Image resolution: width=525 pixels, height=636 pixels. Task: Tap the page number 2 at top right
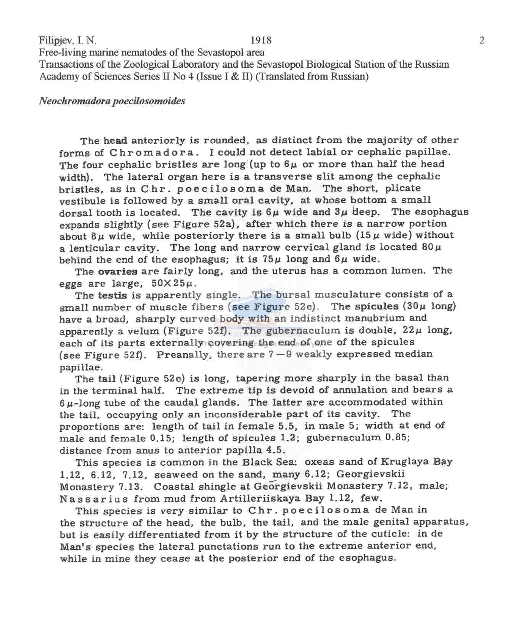(481, 40)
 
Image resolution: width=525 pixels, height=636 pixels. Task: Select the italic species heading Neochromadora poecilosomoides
(112, 101)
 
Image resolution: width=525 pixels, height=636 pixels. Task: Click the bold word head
(115, 141)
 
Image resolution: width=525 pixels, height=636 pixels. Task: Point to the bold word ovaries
(118, 272)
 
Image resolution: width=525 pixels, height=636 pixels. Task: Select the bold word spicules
(376, 307)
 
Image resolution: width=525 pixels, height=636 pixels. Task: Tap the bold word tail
(107, 379)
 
